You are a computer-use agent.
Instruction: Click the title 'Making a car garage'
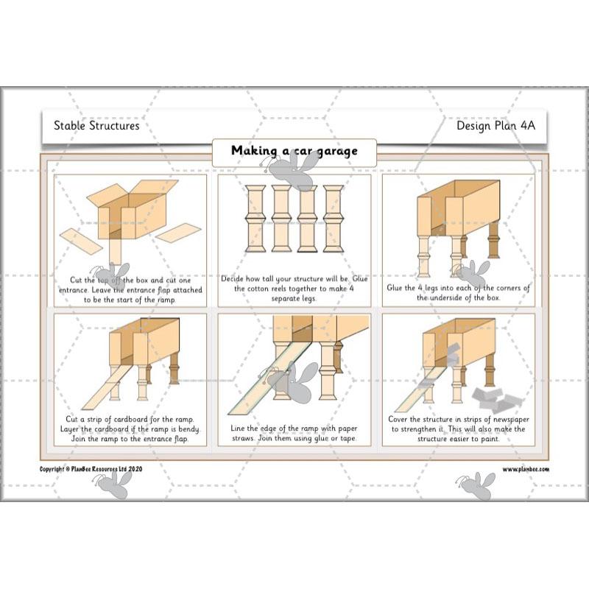click(x=294, y=151)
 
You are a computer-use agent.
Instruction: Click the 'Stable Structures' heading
click(x=96, y=125)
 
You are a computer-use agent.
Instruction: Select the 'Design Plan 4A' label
click(x=495, y=125)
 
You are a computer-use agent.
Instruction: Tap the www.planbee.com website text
click(x=526, y=469)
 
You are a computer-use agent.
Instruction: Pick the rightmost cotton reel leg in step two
click(x=333, y=219)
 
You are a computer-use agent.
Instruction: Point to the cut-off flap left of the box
click(x=81, y=240)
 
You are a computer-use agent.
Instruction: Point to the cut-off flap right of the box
click(x=178, y=233)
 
